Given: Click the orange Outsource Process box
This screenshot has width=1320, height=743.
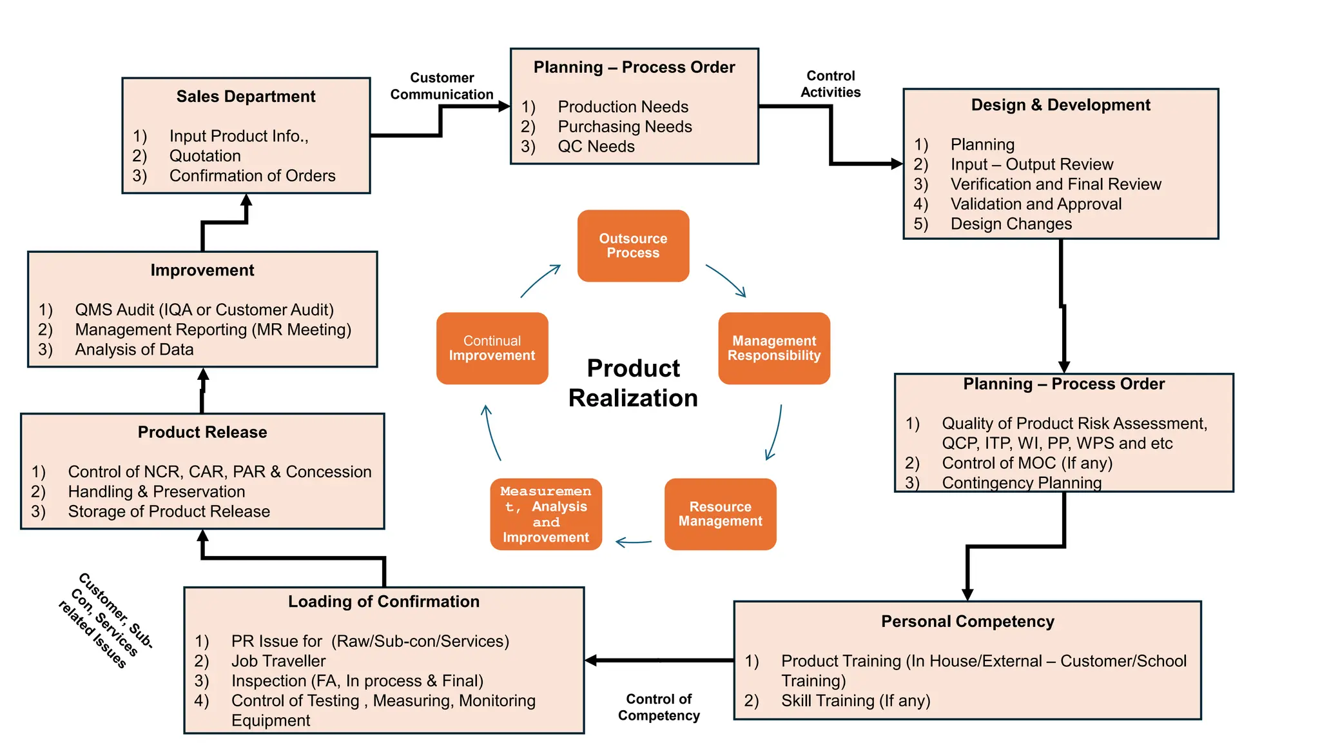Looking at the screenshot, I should tap(633, 246).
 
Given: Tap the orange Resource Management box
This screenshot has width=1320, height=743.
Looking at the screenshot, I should tap(720, 514).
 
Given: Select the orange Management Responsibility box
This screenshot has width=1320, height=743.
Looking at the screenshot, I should tap(773, 348).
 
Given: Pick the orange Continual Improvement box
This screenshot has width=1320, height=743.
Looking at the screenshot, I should tap(492, 348).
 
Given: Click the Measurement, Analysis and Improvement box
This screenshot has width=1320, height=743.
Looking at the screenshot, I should tap(546, 514).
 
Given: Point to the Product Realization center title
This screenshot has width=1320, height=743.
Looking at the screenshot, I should tap(633, 383).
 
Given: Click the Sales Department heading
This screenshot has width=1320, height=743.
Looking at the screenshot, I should tap(246, 97).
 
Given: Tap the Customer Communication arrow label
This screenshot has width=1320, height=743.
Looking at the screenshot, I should tap(442, 86).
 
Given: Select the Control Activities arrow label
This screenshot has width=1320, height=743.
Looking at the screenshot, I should tap(830, 84).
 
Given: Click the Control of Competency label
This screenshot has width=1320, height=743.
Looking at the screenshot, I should tap(659, 708).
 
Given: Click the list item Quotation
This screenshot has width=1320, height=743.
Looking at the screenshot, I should tap(205, 156).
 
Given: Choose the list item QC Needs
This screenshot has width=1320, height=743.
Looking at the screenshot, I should tap(596, 147).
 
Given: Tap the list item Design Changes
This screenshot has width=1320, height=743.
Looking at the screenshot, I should tap(1011, 224).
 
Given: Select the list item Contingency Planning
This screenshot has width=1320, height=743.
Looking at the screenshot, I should tap(1022, 482).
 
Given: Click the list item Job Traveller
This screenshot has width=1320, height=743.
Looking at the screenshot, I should tap(278, 661).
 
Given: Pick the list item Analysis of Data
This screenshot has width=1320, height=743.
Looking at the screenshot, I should tap(134, 350).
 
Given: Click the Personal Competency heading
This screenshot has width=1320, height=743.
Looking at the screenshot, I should tap(967, 622).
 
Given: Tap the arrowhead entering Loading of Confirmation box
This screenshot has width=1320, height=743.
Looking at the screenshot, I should tap(591, 660).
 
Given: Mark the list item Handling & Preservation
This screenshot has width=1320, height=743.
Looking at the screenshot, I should tap(157, 492).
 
